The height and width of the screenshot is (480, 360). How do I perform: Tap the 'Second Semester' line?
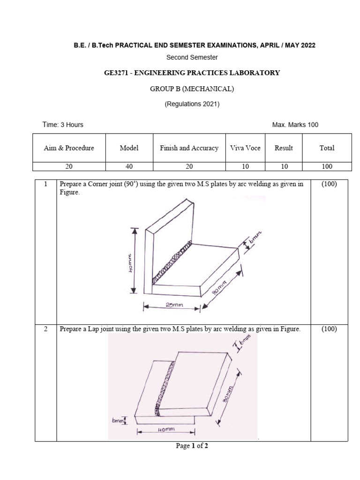click(192, 58)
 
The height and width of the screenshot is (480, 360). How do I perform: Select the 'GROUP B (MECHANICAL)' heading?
click(192, 89)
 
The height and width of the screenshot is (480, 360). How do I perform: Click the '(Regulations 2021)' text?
click(192, 104)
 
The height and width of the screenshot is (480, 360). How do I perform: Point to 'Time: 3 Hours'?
click(63, 125)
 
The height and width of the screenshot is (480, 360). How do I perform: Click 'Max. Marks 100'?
click(295, 125)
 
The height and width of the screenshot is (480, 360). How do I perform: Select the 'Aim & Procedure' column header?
click(69, 148)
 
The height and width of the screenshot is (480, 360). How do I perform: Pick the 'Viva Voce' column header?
click(245, 148)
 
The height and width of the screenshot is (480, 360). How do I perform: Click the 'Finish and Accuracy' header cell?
click(189, 148)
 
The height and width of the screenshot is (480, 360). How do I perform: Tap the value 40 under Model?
click(129, 166)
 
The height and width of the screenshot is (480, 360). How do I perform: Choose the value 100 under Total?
click(327, 166)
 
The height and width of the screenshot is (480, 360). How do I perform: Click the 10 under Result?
click(284, 166)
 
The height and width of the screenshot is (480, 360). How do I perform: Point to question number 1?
click(45, 184)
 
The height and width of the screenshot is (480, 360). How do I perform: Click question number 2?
click(45, 329)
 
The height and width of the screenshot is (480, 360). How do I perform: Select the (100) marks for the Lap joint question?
click(329, 329)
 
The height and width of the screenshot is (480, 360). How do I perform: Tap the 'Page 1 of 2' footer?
click(192, 446)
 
